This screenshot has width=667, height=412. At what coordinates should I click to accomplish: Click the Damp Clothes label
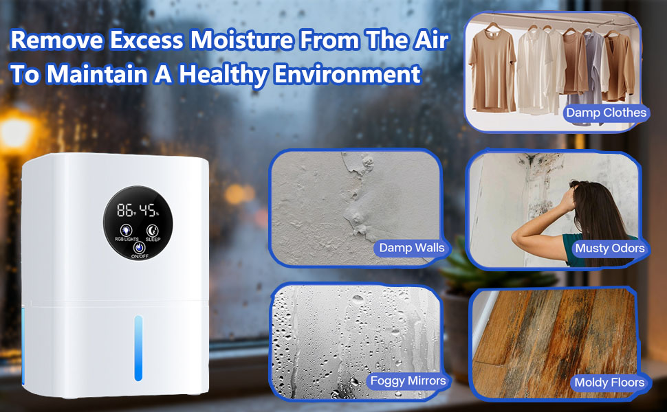(606, 113)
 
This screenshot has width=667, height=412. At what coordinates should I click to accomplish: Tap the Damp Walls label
(411, 247)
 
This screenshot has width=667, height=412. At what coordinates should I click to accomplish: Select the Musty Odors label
(610, 248)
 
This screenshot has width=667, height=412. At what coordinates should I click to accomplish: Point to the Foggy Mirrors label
(408, 380)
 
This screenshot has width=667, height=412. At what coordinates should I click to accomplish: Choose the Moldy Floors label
(610, 382)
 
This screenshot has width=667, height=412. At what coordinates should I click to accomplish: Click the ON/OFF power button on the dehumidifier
(138, 248)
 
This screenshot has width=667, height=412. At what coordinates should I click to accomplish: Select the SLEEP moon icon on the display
(151, 231)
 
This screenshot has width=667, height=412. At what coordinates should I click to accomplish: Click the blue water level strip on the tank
(138, 348)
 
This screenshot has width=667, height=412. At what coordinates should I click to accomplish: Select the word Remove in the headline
(55, 41)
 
